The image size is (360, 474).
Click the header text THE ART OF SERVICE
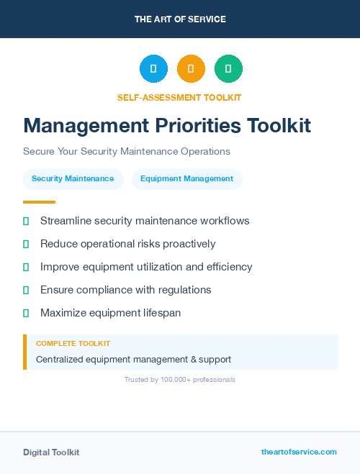point(180,19)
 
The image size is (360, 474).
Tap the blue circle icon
point(153,69)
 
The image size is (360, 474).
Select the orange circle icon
point(191,69)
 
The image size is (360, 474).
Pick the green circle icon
point(228,69)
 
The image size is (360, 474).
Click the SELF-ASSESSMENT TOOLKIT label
point(179,97)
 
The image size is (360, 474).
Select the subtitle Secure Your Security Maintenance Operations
point(126,152)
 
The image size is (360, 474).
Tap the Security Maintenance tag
point(73,178)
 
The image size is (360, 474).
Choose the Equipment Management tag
point(186,178)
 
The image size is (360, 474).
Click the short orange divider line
point(39,202)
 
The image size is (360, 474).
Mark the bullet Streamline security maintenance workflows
point(145,221)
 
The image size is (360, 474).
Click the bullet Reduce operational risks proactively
point(127,244)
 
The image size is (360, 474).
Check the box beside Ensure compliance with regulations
point(26,290)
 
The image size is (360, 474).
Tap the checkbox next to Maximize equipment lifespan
point(26,313)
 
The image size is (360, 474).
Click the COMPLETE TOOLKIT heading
point(73,344)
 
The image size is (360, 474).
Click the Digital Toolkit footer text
point(51,452)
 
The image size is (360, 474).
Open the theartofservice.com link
point(299,452)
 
